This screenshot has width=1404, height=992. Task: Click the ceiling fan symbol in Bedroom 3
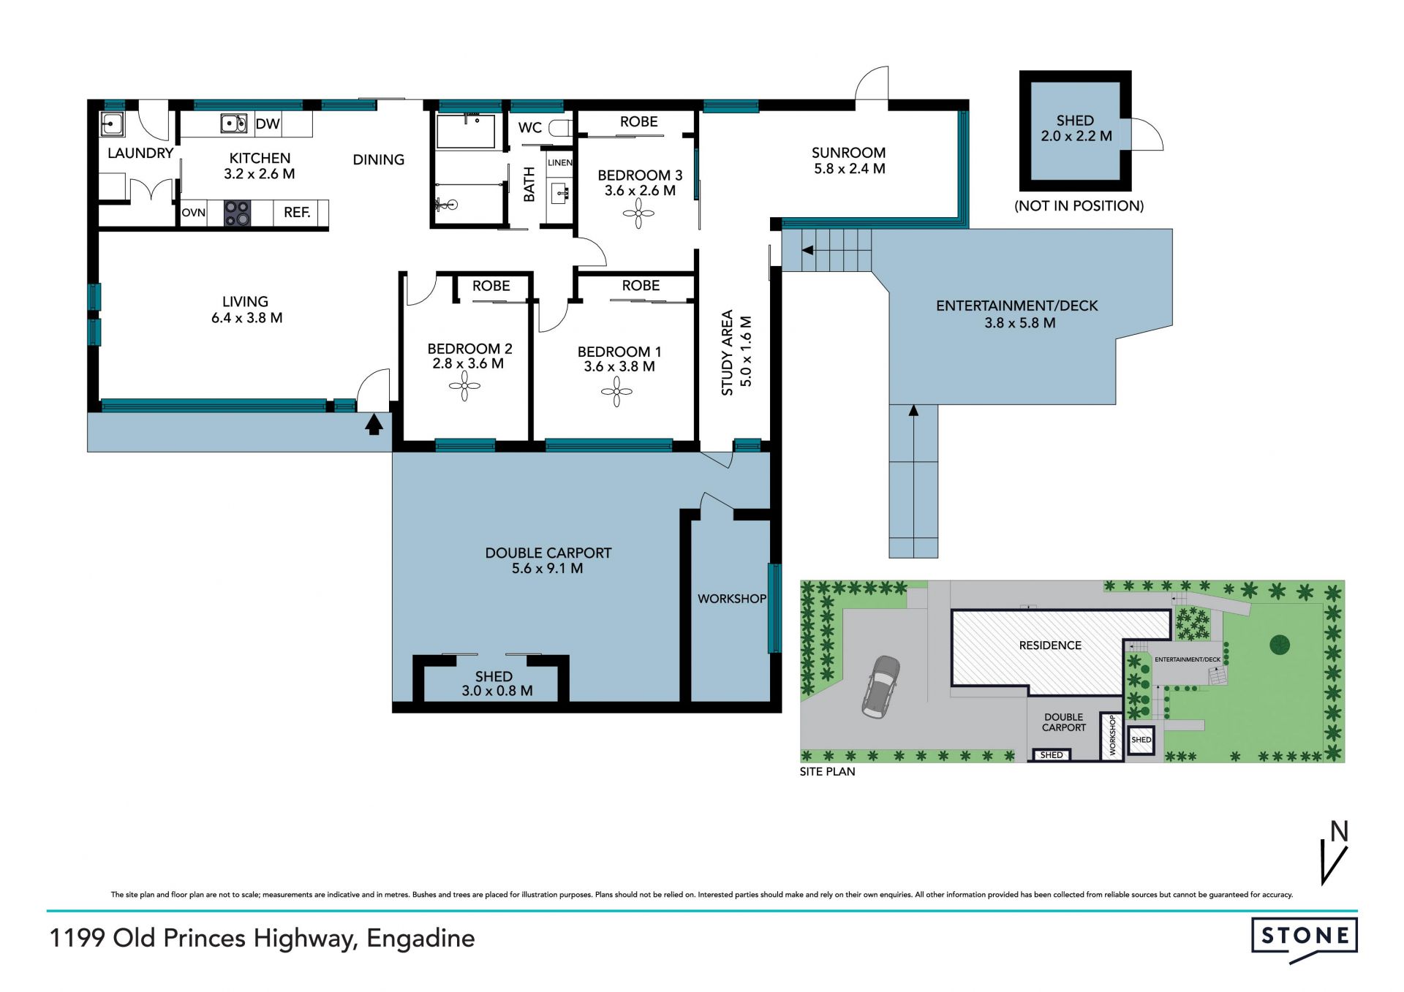tap(639, 216)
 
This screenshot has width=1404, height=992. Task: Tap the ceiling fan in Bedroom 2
tap(464, 386)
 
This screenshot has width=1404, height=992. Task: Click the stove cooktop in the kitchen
tap(237, 213)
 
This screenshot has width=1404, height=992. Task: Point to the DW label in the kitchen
tap(268, 124)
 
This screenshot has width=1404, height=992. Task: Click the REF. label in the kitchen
tap(297, 213)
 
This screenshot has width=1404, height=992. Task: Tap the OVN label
tap(194, 213)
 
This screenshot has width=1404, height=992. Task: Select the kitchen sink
tap(234, 124)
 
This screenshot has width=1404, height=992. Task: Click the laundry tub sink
tap(112, 124)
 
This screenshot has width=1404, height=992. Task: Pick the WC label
tap(530, 128)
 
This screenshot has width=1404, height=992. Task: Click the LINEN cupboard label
tap(560, 162)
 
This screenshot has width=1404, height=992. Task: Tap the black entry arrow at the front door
tap(374, 424)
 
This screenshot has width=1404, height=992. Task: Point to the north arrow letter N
tap(1339, 832)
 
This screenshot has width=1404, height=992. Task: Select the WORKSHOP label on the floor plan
tap(731, 599)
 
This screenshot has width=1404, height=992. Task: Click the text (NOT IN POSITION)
tap(1079, 206)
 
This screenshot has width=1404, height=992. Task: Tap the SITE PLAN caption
tap(827, 771)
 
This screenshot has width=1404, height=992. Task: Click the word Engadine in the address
tap(420, 938)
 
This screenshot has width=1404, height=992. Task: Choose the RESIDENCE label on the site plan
tap(1050, 645)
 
